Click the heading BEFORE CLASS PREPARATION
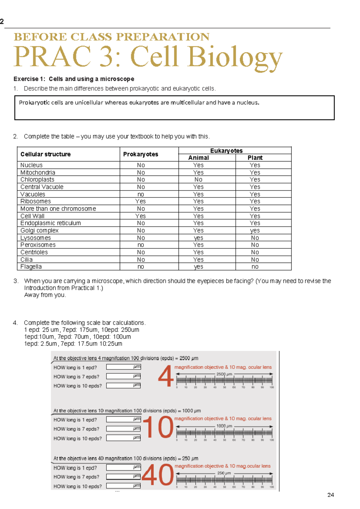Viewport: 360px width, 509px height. [112, 37]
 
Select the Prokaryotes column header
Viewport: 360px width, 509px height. [140, 154]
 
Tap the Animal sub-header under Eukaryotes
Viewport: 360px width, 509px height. [198, 158]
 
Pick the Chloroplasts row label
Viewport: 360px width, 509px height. [37, 179]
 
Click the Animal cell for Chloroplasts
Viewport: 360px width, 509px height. [198, 179]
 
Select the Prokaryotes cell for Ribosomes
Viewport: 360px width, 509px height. [140, 201]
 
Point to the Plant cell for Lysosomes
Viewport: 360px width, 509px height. [255, 238]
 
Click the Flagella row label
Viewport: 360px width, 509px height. [31, 267]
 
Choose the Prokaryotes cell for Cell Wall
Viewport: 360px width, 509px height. [140, 216]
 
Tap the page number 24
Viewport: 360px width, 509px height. [331, 495]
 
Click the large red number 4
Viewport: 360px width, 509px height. [166, 376]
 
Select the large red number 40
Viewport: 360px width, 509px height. [157, 475]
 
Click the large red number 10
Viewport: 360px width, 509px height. [158, 427]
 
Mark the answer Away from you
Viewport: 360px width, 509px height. [45, 295]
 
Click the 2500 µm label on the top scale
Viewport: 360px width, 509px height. [224, 374]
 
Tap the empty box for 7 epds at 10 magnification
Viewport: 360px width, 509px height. [123, 429]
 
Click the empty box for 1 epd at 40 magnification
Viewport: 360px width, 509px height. [123, 468]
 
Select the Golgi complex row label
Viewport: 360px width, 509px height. [39, 230]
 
